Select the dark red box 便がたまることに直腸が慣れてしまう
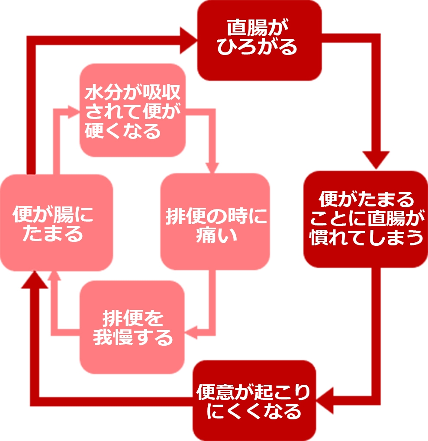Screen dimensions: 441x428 click(x=366, y=219)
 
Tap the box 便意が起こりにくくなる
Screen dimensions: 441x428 click(x=254, y=400)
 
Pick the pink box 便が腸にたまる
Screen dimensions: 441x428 click(x=56, y=223)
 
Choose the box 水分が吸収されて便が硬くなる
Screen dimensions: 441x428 click(x=132, y=111)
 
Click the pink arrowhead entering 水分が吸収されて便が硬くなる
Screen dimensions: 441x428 click(x=74, y=111)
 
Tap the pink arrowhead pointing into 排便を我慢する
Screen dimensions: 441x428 click(x=191, y=333)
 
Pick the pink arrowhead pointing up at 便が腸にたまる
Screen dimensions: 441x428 click(x=54, y=276)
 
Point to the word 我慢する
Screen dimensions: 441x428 click(x=133, y=337)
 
